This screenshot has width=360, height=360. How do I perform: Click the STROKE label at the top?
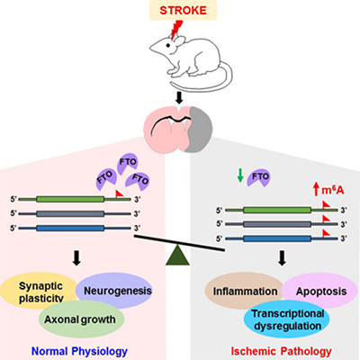click(x=183, y=11)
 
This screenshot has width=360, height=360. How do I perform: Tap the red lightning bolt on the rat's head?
click(x=176, y=30)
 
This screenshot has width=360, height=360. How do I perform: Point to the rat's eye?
click(x=168, y=45)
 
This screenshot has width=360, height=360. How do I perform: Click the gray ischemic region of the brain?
click(x=200, y=129)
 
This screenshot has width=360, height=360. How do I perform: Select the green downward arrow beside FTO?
click(x=240, y=175)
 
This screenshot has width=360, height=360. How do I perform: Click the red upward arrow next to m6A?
click(x=316, y=190)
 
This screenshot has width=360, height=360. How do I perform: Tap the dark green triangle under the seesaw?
click(x=177, y=255)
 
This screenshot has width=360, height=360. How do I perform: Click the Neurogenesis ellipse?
click(x=114, y=291)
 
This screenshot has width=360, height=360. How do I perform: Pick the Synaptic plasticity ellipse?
click(x=40, y=291)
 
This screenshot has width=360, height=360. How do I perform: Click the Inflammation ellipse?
click(x=245, y=291)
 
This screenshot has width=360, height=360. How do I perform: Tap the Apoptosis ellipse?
click(x=319, y=291)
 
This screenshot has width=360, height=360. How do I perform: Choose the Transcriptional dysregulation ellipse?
click(x=287, y=319)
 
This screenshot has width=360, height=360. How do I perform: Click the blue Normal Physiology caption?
click(x=79, y=351)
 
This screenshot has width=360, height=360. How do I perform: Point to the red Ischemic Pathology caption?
click(x=281, y=351)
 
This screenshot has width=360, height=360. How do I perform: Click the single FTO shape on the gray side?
click(x=258, y=177)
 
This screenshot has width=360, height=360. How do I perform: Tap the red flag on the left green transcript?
click(x=120, y=193)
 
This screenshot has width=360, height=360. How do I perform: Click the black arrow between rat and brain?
click(x=179, y=98)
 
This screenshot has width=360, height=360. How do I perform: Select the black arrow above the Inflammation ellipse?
click(x=282, y=258)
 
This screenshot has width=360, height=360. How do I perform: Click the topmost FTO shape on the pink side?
click(x=127, y=163)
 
